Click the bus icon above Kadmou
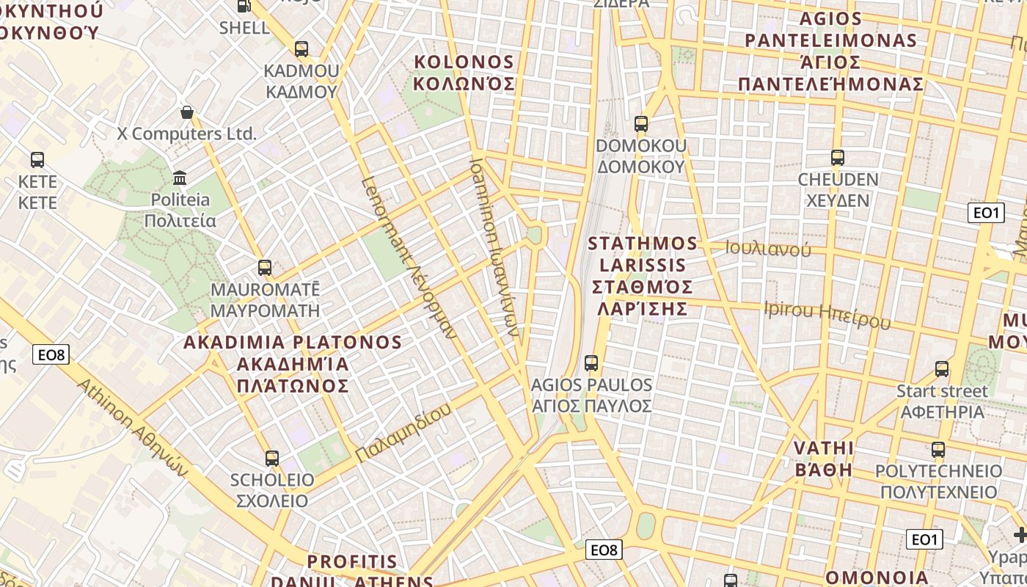[301, 49]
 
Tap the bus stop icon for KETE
[37, 159]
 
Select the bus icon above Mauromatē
[265, 268]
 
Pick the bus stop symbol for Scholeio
[272, 459]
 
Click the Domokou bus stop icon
[641, 124]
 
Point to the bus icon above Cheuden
[837, 158]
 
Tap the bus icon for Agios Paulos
[591, 362]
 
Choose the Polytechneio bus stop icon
[938, 449]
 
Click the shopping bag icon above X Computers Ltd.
[187, 112]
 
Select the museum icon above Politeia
[180, 178]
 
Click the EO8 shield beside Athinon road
[51, 355]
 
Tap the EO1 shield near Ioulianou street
[985, 213]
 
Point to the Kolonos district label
[464, 72]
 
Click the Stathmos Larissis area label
[643, 275]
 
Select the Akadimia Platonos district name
[293, 364]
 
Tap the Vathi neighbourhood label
[824, 459]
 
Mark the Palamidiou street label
[403, 434]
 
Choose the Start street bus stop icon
[942, 368]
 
